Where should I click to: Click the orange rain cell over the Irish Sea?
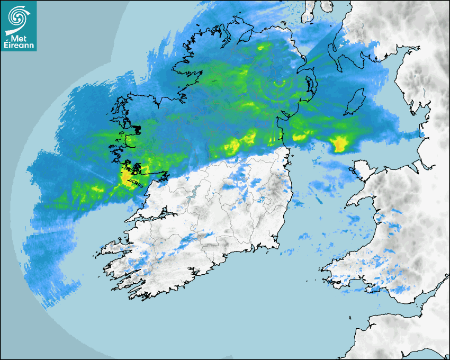coord(339,143)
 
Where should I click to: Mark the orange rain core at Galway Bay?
coord(127,177)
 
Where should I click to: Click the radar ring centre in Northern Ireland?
coord(281,84)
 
